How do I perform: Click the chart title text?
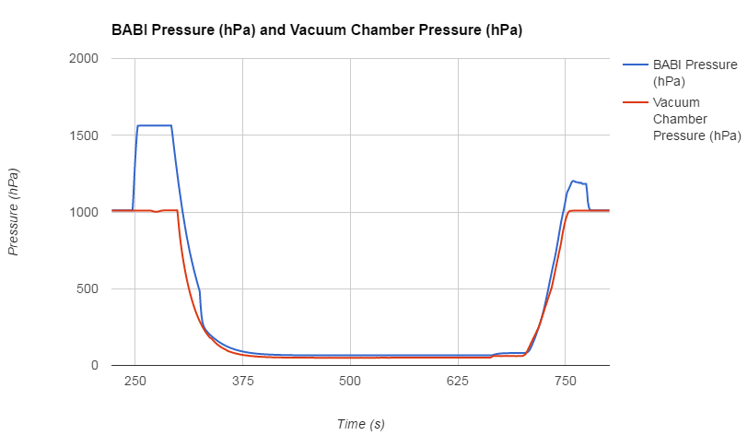317,30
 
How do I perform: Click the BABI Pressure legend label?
695,73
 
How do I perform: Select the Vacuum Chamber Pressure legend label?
696,119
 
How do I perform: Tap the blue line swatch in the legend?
636,65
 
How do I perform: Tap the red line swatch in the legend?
636,102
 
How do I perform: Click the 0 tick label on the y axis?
96,365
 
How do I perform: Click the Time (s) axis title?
360,424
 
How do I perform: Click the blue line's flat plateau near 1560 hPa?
155,125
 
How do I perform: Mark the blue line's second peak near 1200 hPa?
573,181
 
